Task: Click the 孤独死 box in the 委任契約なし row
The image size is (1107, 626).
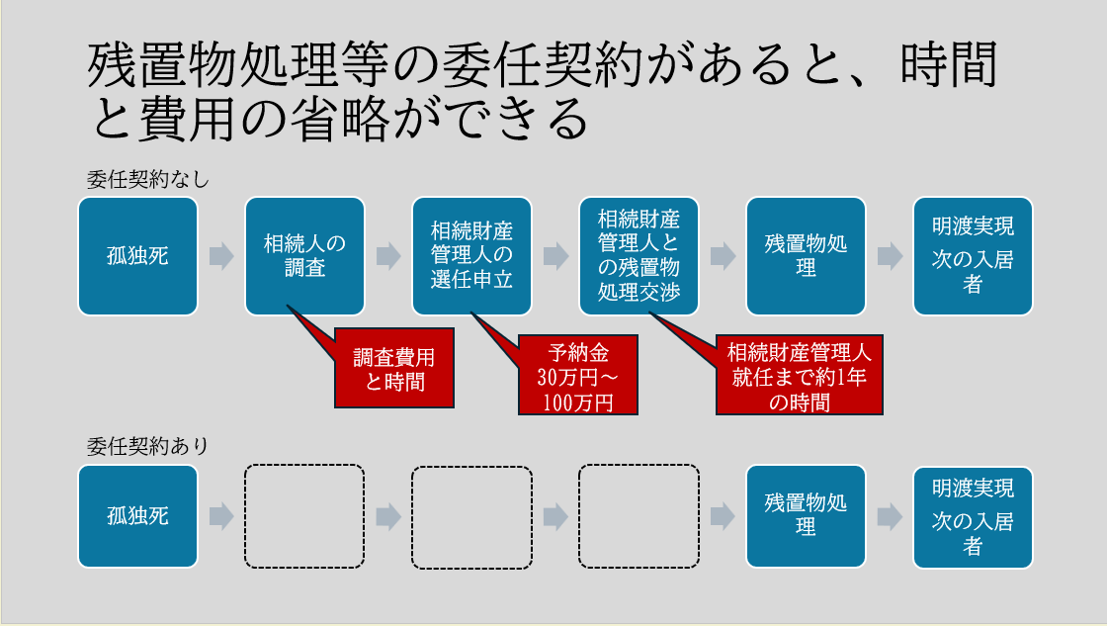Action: (137, 256)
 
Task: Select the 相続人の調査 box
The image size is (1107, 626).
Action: (304, 256)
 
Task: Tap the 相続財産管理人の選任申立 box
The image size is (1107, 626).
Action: (471, 256)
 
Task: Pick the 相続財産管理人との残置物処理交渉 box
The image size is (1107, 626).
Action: (639, 256)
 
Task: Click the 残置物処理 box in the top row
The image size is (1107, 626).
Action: (806, 256)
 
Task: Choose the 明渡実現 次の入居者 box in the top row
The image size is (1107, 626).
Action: (973, 256)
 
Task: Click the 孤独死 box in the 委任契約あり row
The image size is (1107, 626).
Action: (137, 515)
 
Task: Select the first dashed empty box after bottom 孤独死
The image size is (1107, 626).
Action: (304, 516)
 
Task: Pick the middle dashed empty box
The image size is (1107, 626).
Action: (471, 516)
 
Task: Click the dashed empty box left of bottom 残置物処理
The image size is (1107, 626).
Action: (639, 516)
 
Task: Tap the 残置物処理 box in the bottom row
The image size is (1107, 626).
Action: (806, 515)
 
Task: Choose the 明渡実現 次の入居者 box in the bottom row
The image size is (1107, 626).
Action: (973, 515)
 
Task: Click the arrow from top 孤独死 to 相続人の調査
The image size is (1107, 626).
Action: (221, 256)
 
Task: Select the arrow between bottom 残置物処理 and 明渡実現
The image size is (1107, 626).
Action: (890, 515)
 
